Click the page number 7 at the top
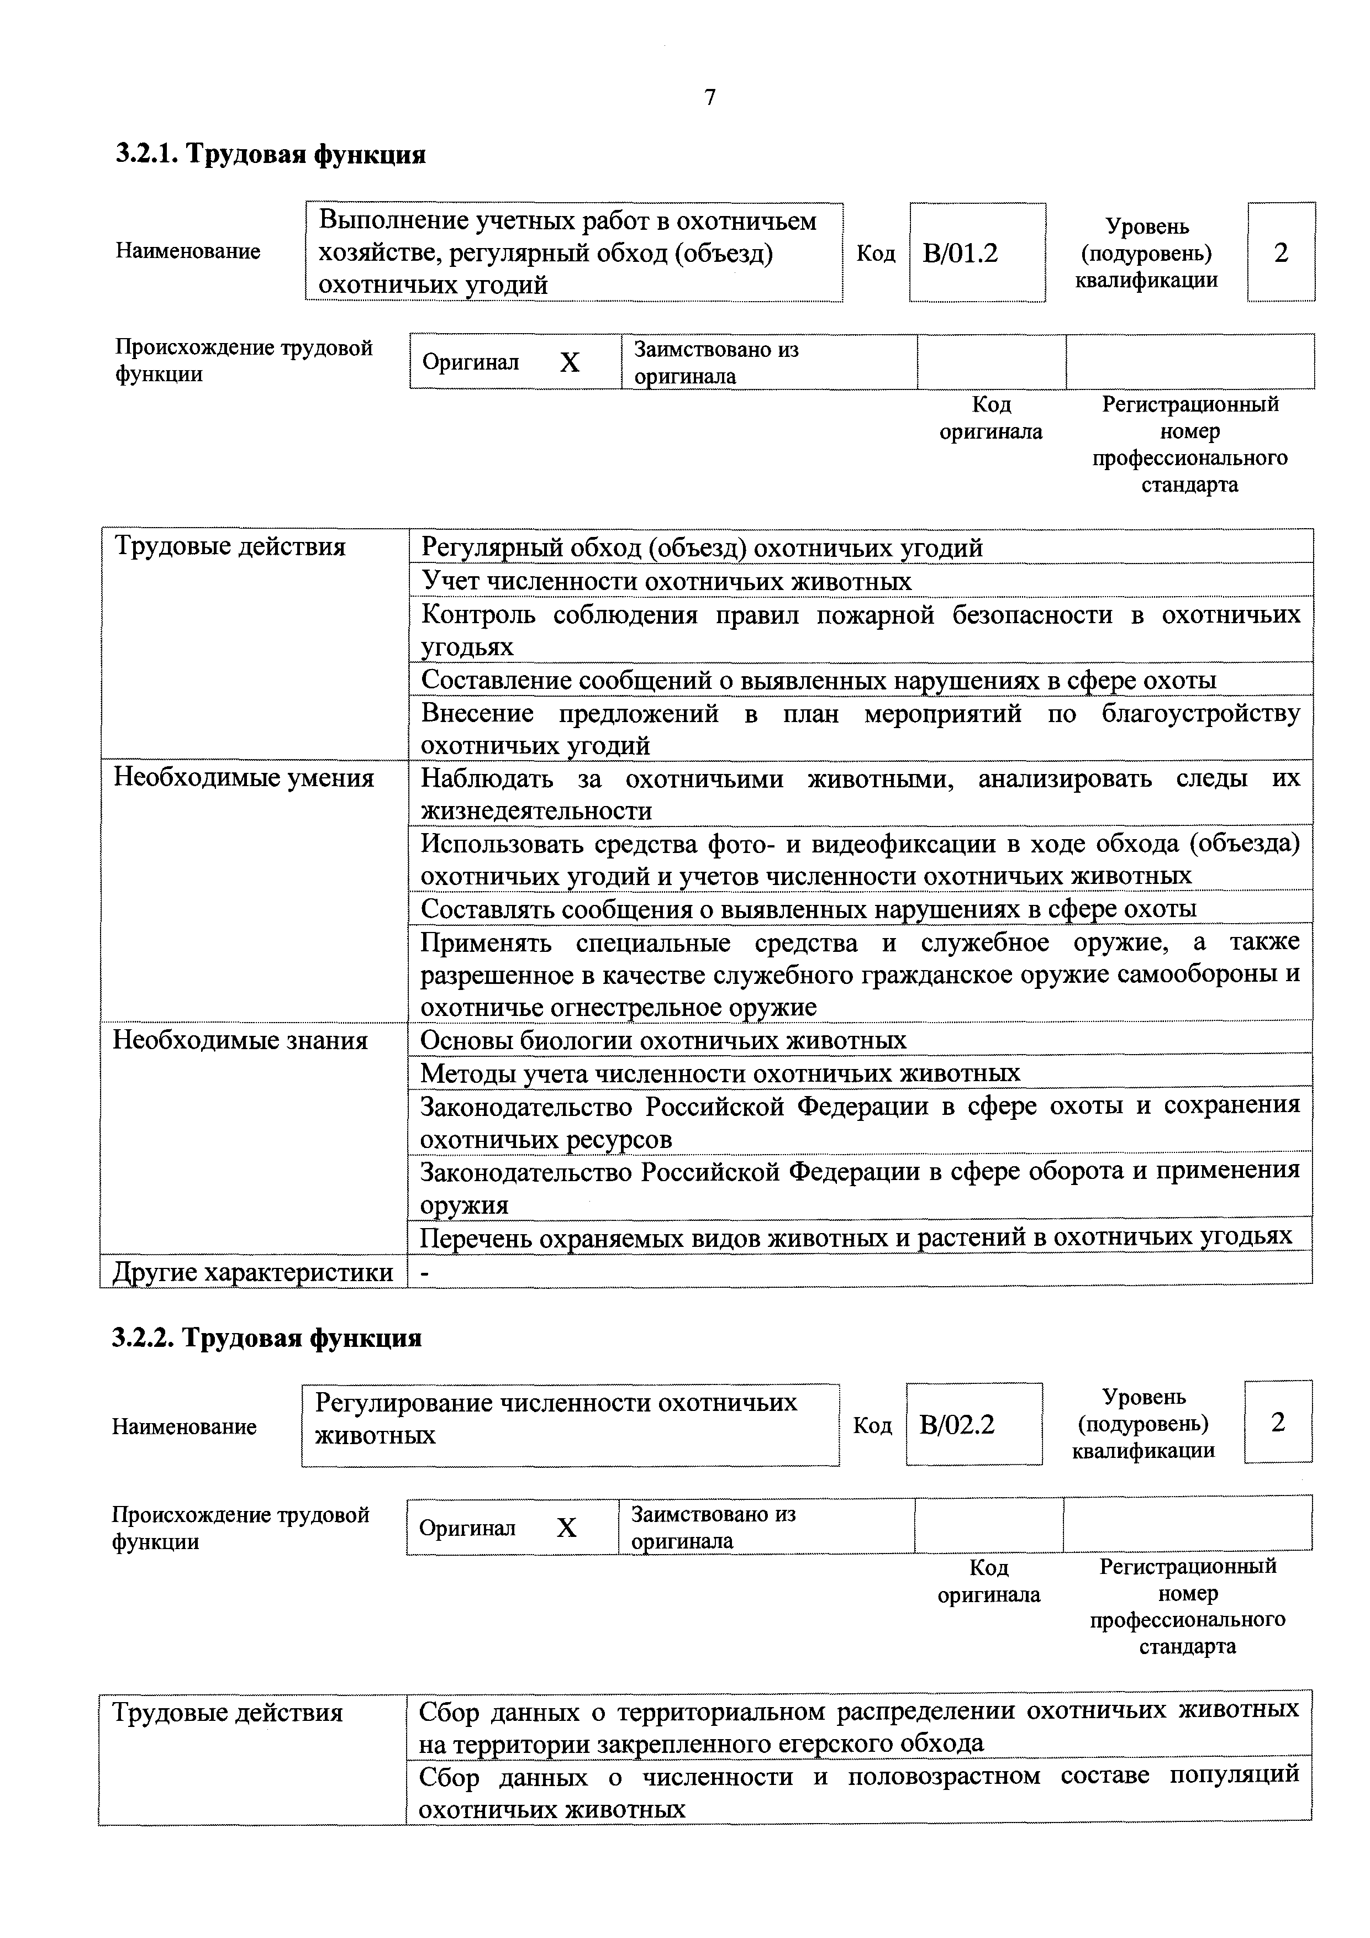click(710, 98)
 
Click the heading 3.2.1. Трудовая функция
click(270, 155)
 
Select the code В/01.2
click(961, 252)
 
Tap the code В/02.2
click(957, 1425)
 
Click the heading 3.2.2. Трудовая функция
click(267, 1338)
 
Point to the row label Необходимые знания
click(240, 1041)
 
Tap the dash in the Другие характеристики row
click(425, 1273)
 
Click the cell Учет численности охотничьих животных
click(666, 582)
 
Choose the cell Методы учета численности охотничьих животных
click(719, 1073)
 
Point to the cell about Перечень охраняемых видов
click(855, 1236)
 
